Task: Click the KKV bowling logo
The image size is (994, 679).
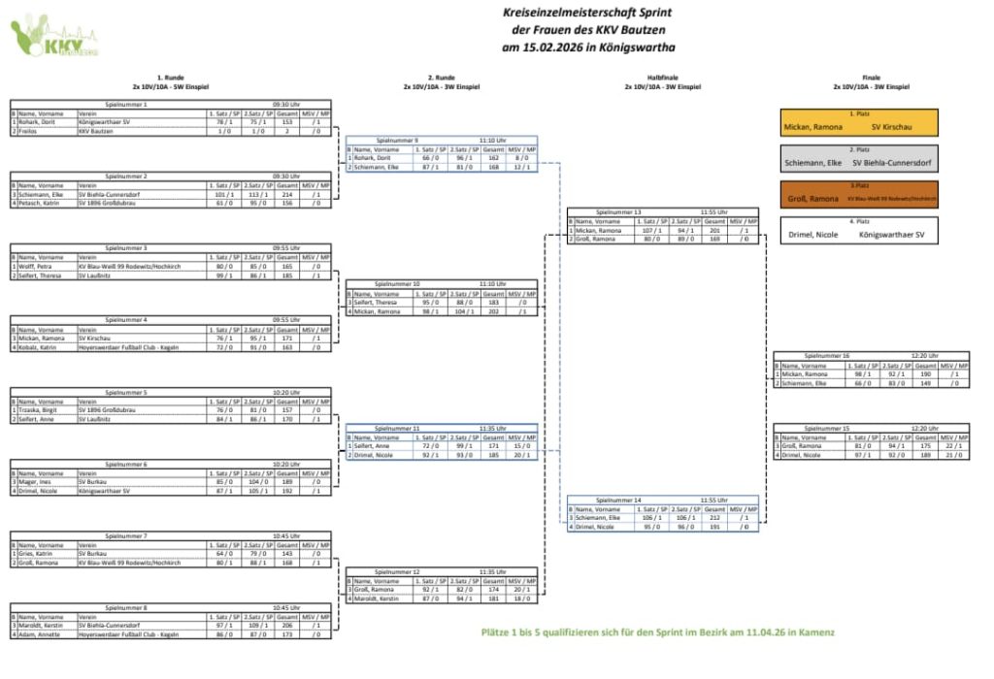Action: [x=53, y=37]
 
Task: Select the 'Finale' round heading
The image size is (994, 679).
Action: [x=871, y=77]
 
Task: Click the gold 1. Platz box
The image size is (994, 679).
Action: [x=860, y=122]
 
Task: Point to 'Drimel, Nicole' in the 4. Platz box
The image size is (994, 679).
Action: [x=812, y=235]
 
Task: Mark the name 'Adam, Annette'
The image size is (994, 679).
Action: [x=37, y=633]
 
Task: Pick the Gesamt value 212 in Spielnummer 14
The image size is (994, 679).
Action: [x=714, y=517]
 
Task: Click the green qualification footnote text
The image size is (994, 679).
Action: [x=657, y=632]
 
